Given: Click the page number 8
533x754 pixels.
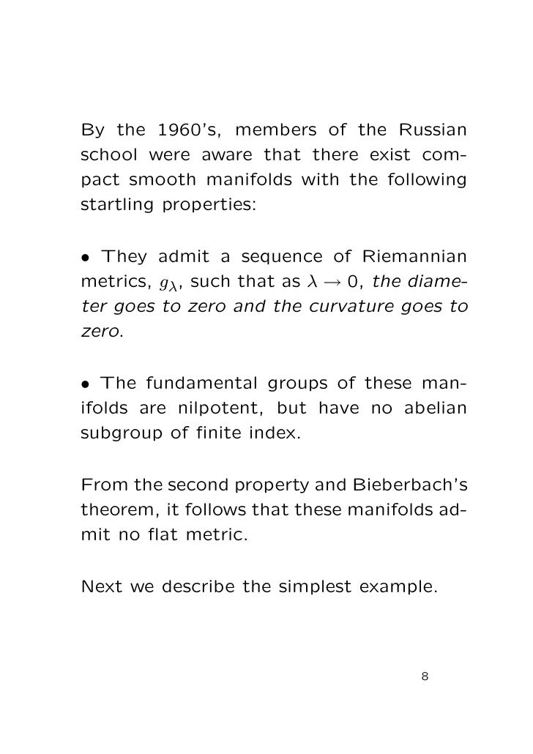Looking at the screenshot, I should pyautogui.click(x=425, y=676).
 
